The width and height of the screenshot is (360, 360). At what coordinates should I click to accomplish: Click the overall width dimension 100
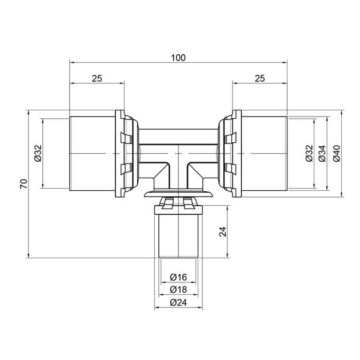pyautogui.click(x=178, y=58)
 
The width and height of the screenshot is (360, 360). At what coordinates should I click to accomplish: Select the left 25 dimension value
pyautogui.click(x=97, y=78)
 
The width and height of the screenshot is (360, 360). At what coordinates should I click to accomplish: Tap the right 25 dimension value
pyautogui.click(x=259, y=78)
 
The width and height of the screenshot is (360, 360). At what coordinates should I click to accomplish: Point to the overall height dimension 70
pyautogui.click(x=24, y=183)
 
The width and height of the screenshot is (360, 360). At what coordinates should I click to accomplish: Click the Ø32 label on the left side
pyautogui.click(x=38, y=153)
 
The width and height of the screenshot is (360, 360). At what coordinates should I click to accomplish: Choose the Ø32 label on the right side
pyautogui.click(x=309, y=153)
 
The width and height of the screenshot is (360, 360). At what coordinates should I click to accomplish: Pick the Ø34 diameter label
pyautogui.click(x=322, y=153)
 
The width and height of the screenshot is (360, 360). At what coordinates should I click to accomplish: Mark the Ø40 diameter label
pyautogui.click(x=337, y=153)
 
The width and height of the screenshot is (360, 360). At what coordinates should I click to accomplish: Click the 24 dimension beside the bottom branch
pyautogui.click(x=223, y=231)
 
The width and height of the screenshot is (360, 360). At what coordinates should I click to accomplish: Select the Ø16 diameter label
pyautogui.click(x=178, y=277)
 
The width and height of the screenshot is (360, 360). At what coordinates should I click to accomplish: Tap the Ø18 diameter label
pyautogui.click(x=178, y=290)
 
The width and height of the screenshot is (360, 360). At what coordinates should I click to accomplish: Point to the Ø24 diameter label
pyautogui.click(x=178, y=302)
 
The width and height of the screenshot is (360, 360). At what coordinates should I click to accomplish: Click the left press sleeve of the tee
pyautogui.click(x=93, y=153)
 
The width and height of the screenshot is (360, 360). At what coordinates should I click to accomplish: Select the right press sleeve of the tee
pyautogui.click(x=264, y=153)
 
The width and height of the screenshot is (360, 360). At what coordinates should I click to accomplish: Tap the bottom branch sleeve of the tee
pyautogui.click(x=178, y=236)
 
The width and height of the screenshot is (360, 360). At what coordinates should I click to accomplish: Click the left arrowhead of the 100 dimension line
pyautogui.click(x=71, y=62)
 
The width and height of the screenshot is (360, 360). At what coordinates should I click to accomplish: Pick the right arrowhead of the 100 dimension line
pyautogui.click(x=285, y=62)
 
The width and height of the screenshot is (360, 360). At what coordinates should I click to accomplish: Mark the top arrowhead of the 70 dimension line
pyautogui.click(x=28, y=113)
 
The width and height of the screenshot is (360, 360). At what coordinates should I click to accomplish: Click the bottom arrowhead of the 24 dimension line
pyautogui.click(x=227, y=255)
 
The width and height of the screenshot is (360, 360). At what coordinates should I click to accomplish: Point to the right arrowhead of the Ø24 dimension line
pyautogui.click(x=200, y=307)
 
